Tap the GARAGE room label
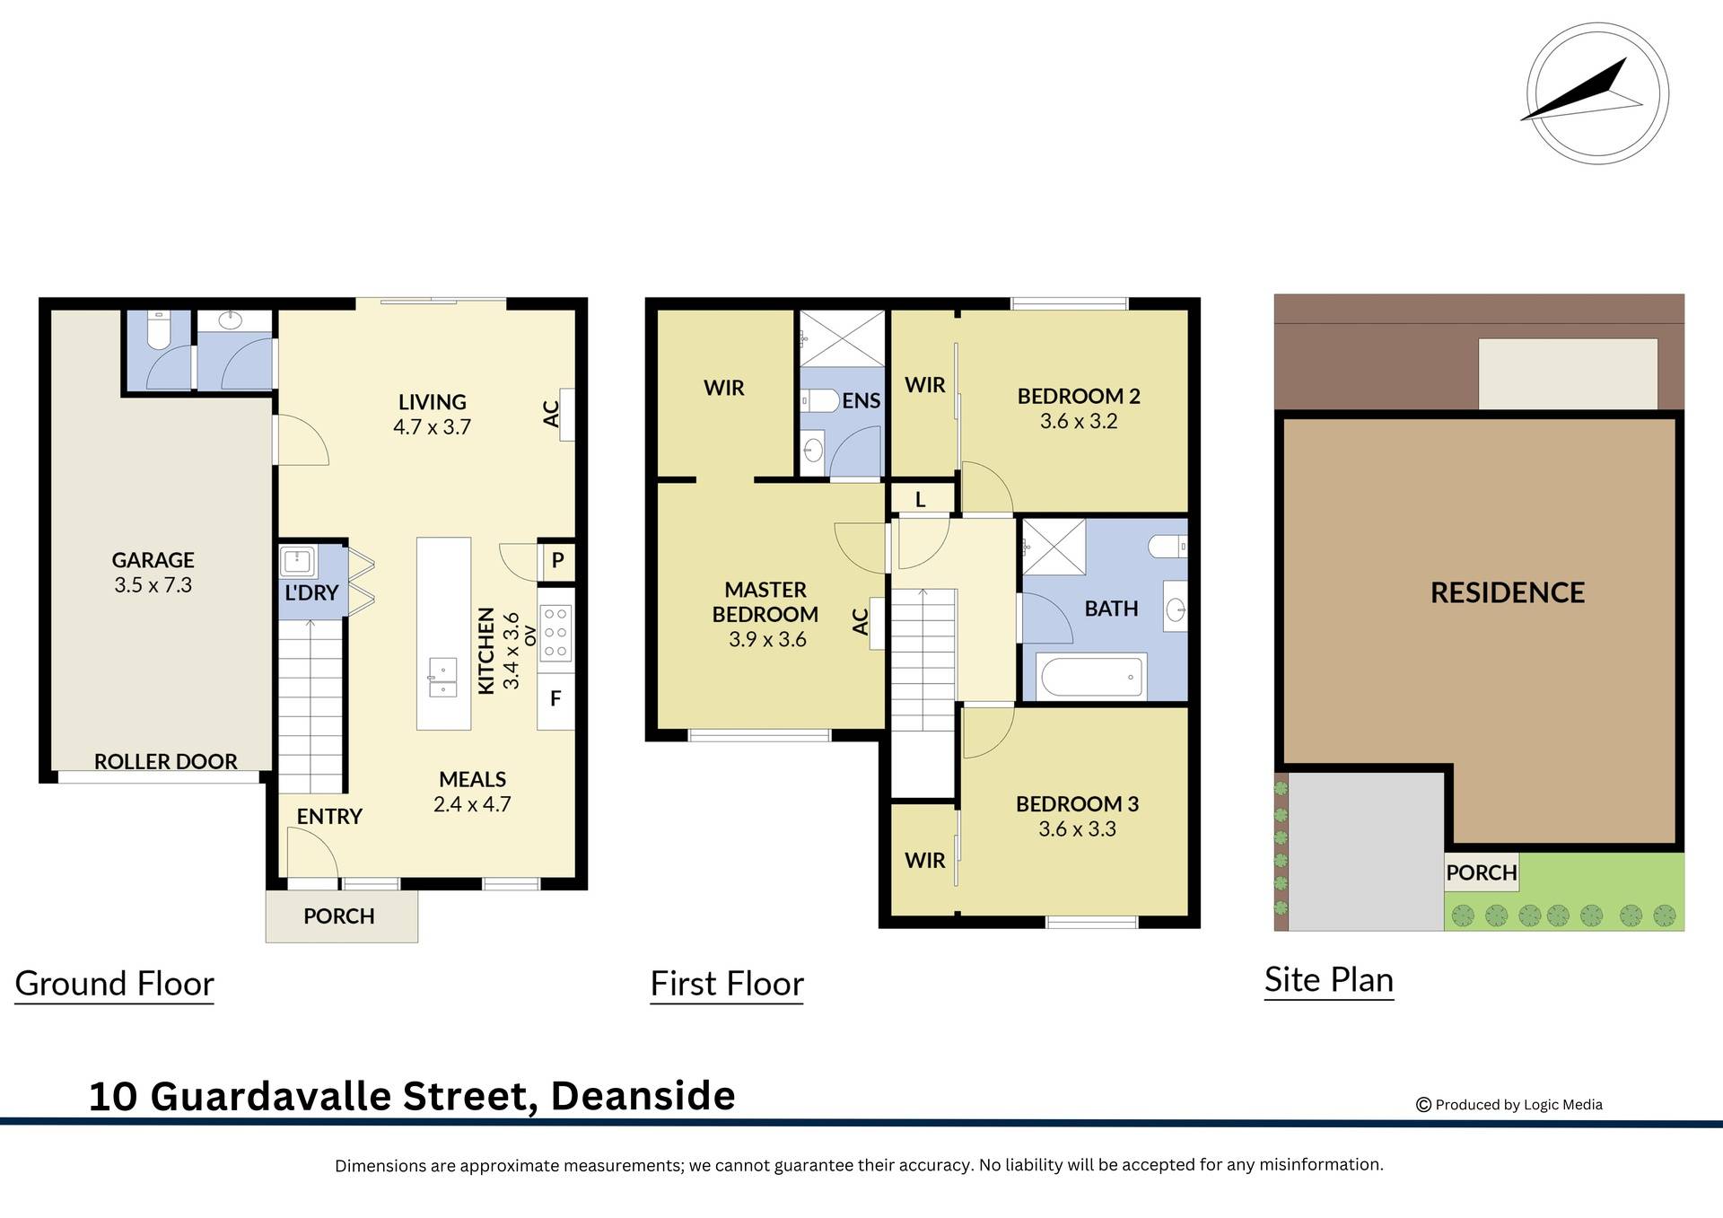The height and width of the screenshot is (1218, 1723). pos(153,560)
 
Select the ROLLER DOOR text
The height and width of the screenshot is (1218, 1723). pos(166,761)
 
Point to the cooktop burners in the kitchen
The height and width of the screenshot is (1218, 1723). pos(555,633)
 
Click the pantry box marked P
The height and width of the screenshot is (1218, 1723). pos(557,561)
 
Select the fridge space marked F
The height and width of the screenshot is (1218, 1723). pos(555,698)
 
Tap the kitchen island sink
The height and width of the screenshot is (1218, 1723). pos(443,677)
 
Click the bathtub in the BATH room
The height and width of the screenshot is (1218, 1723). pos(1091,676)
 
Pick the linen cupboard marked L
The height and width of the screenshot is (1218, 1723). pos(921,500)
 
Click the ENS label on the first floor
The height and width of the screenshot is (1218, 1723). pos(861,401)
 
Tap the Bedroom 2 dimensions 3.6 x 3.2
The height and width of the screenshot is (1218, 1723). pos(1079,421)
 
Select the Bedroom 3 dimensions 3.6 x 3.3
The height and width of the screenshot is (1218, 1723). pos(1077,828)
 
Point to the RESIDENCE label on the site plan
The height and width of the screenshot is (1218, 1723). pos(1507,592)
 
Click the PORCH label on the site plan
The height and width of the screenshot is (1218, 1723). pos(1481,872)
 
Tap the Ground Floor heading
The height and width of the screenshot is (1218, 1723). pos(115,984)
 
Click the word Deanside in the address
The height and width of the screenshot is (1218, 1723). pos(643,1096)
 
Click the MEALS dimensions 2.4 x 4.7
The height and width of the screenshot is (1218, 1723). pos(472,804)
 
